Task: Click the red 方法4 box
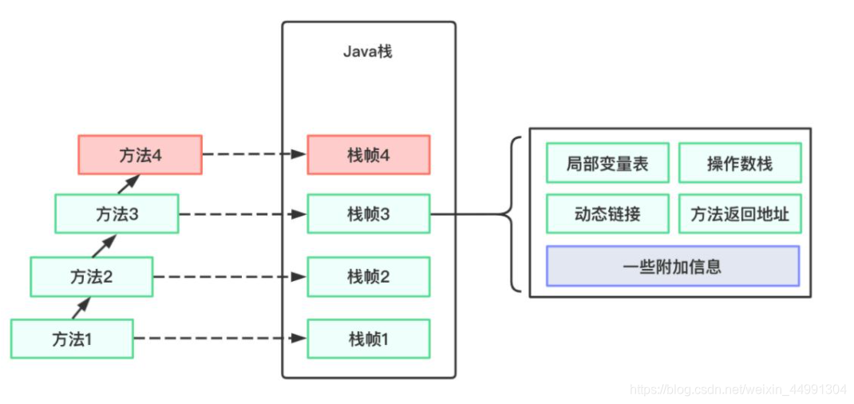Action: tap(140, 155)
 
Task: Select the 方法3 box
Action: tap(117, 214)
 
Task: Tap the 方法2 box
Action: tap(92, 276)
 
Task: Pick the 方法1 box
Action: tap(72, 339)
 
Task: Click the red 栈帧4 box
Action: tap(369, 155)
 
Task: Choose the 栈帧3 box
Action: tap(369, 214)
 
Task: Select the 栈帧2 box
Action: tap(369, 276)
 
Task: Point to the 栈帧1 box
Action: tap(369, 339)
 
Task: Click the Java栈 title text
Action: tap(368, 52)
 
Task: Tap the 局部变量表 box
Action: tap(607, 164)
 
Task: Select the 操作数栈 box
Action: tap(740, 164)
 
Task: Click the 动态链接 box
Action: tap(607, 214)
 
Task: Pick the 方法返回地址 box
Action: tap(740, 214)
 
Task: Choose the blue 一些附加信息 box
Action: tap(672, 266)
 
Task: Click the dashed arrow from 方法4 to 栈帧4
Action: tap(254, 155)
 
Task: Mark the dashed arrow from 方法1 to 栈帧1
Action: tap(219, 339)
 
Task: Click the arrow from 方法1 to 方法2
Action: tap(81, 307)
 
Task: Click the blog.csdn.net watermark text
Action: tap(738, 390)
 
